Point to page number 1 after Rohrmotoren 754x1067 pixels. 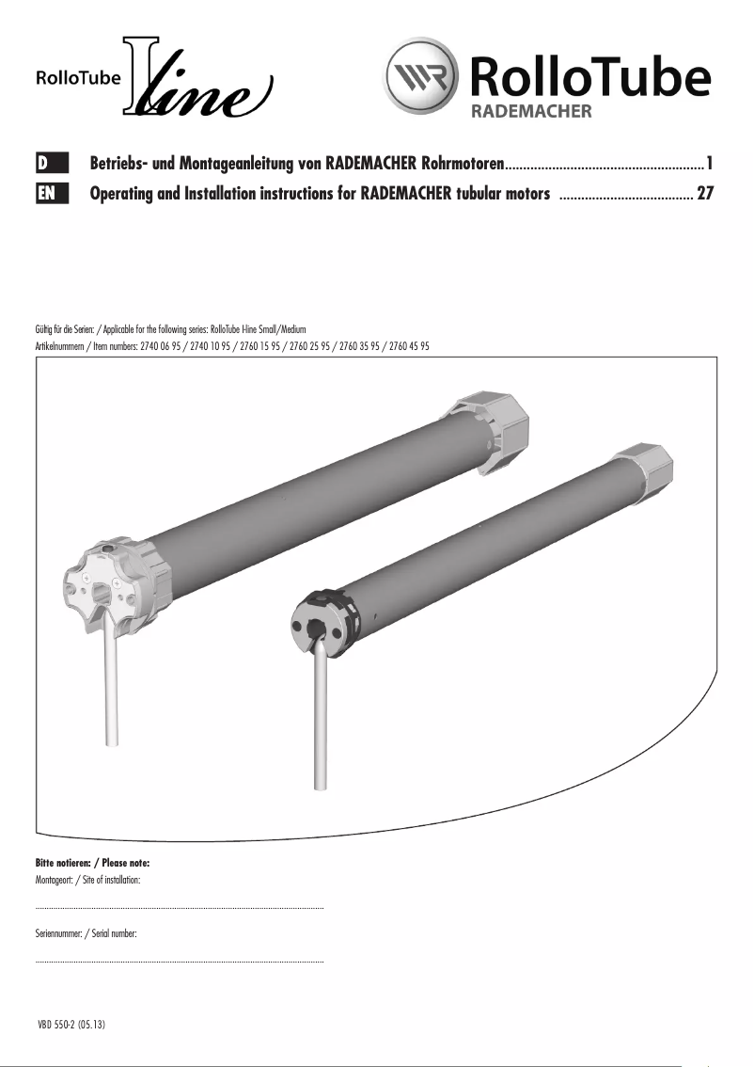point(710,164)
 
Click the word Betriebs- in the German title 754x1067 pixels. point(124,164)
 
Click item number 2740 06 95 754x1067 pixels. point(164,346)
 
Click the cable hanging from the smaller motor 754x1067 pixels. point(320,725)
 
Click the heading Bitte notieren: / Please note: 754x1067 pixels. point(92,863)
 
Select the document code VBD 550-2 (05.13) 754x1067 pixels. point(71,1025)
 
